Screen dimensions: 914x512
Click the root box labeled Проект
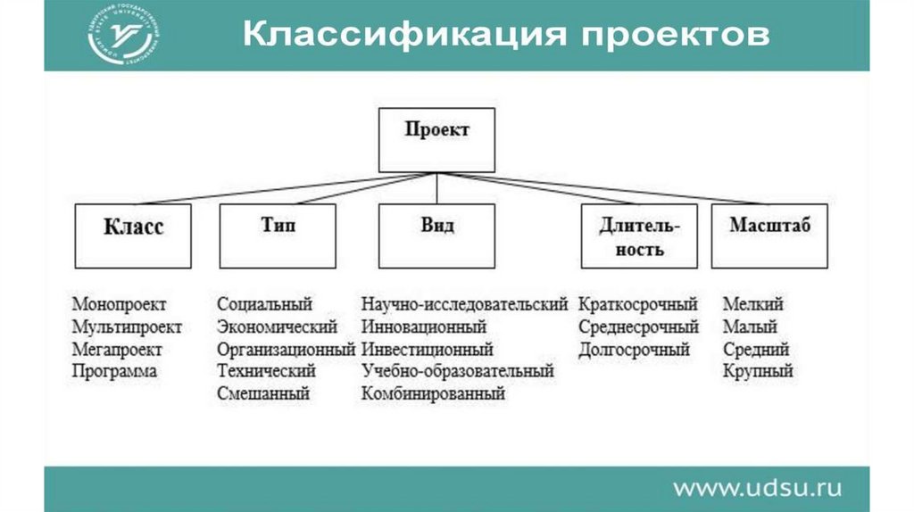[x=436, y=140]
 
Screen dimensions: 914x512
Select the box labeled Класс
[x=133, y=235]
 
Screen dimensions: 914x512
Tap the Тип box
[x=278, y=235]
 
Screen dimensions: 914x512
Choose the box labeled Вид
[x=436, y=235]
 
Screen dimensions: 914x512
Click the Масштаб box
[x=769, y=235]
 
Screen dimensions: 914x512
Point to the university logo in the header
[x=125, y=36]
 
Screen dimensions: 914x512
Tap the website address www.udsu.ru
[x=757, y=488]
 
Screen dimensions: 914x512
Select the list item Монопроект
[x=120, y=305]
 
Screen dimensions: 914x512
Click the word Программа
[x=114, y=371]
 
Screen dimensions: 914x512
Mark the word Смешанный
[x=263, y=393]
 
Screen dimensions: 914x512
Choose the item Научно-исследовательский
[x=464, y=305]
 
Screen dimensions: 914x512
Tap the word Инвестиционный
[x=427, y=349]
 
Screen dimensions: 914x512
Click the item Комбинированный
[x=433, y=393]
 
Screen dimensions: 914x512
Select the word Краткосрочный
[x=638, y=305]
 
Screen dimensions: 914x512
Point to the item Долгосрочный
[x=634, y=349]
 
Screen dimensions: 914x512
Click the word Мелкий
[x=752, y=305]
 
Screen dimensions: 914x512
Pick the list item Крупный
[x=757, y=371]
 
